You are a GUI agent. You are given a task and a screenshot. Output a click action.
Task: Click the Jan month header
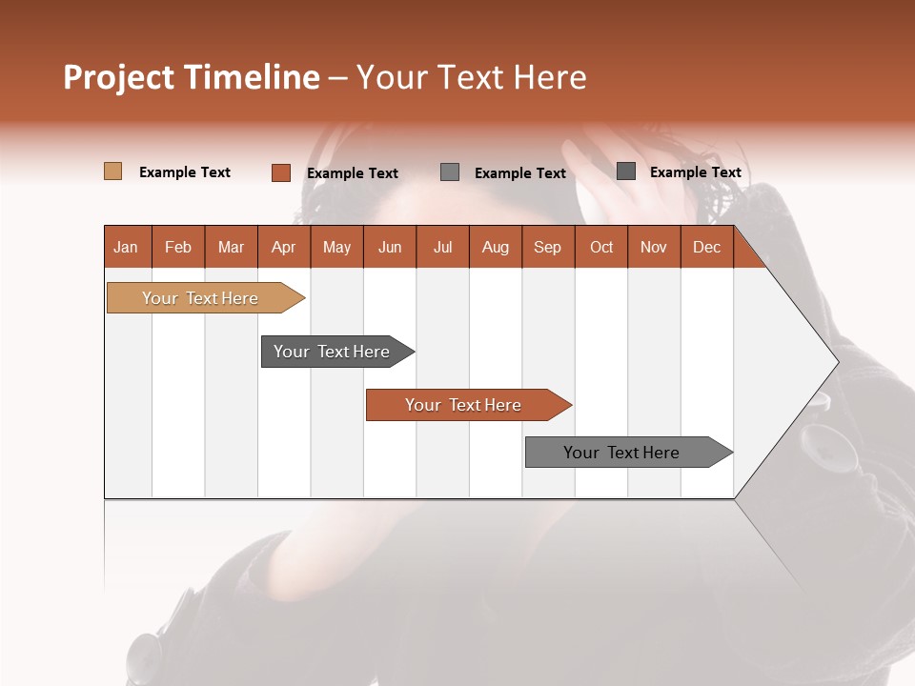pos(127,247)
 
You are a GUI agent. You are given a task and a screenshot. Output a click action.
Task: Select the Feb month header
pos(178,247)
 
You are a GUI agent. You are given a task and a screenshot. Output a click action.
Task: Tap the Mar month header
pos(231,247)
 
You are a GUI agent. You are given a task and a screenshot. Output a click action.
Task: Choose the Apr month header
pos(284,247)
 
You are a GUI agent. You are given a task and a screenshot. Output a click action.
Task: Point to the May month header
pos(336,247)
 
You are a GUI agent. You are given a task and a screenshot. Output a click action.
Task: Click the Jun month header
pos(390,247)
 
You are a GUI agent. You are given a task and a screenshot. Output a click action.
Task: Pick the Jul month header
pos(442,247)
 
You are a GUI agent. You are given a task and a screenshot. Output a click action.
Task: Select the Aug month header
pos(496,247)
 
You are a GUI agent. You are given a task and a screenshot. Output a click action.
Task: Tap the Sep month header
pos(548,247)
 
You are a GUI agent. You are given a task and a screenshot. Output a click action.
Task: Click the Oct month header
pos(601,247)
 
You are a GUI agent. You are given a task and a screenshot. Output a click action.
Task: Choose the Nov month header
pos(654,247)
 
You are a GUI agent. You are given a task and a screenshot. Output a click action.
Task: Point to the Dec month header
pos(706,247)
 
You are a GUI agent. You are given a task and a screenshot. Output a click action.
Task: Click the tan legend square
pos(113,171)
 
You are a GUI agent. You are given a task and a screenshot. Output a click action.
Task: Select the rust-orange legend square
pos(281,172)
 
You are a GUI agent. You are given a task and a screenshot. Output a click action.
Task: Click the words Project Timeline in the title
pos(192,77)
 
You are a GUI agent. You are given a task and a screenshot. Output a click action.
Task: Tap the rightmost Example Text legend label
pos(695,172)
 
